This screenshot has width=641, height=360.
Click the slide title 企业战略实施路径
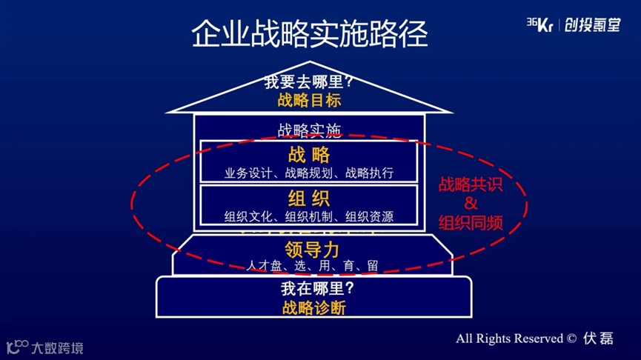click(309, 33)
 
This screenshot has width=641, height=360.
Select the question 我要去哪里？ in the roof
click(309, 82)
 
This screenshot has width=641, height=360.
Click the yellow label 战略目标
click(309, 101)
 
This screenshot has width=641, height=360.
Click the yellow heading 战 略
click(309, 155)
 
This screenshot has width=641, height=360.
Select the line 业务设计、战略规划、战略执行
click(309, 173)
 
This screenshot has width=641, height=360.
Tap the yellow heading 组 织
click(309, 199)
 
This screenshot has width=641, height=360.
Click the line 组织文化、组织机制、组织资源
click(309, 217)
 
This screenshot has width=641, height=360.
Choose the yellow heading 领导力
click(311, 248)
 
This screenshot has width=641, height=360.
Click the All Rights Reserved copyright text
click(516, 338)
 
